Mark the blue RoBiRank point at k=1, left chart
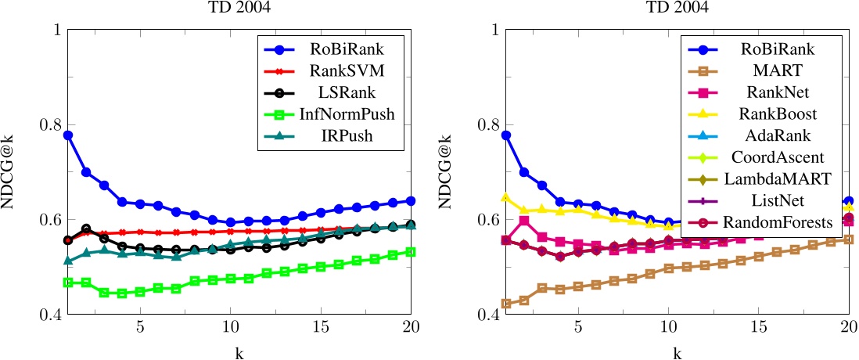68,135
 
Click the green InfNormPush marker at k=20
411,252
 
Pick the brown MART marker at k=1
506,304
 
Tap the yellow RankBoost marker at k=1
506,198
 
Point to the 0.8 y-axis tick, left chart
48,125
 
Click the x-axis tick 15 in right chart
758,327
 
